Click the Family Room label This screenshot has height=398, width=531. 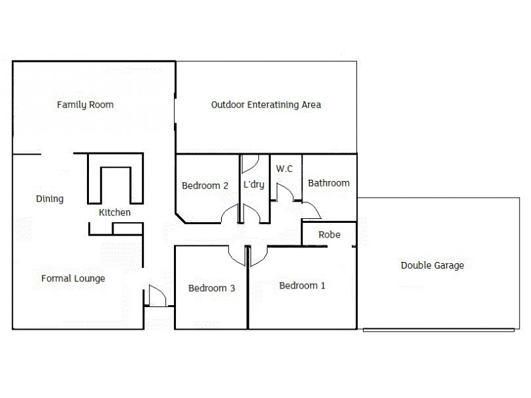click(x=85, y=105)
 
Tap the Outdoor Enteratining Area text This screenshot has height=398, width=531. click(x=266, y=105)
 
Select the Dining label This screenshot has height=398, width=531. click(x=49, y=198)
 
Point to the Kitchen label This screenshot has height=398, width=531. click(x=114, y=213)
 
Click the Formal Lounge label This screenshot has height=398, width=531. click(x=73, y=279)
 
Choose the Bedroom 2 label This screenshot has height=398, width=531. click(x=205, y=186)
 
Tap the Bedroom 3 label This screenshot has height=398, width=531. click(x=212, y=288)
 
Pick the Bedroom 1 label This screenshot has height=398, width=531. click(x=302, y=286)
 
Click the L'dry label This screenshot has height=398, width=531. click(x=254, y=185)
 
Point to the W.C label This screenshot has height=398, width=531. click(x=284, y=169)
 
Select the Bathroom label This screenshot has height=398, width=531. click(x=329, y=183)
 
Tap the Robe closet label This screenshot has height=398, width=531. click(x=329, y=234)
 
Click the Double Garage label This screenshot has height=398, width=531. click(x=432, y=265)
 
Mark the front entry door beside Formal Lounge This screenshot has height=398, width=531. click(x=156, y=296)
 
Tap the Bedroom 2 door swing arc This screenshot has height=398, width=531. click(x=230, y=214)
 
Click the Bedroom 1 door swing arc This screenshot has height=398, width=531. click(x=258, y=254)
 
